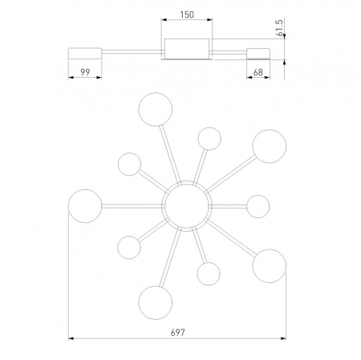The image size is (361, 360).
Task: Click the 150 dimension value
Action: [x=187, y=14]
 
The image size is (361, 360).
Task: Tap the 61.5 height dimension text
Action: [x=280, y=27]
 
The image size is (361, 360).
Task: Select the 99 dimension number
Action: [x=85, y=72]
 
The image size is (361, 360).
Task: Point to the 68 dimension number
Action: [x=258, y=72]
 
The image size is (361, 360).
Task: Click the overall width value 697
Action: [x=177, y=333]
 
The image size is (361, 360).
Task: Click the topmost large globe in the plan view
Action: [x=156, y=109]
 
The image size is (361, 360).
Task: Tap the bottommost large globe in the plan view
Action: [x=156, y=302]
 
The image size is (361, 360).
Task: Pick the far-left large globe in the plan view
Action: [x=85, y=206]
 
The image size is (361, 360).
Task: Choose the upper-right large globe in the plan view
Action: [x=270, y=146]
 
